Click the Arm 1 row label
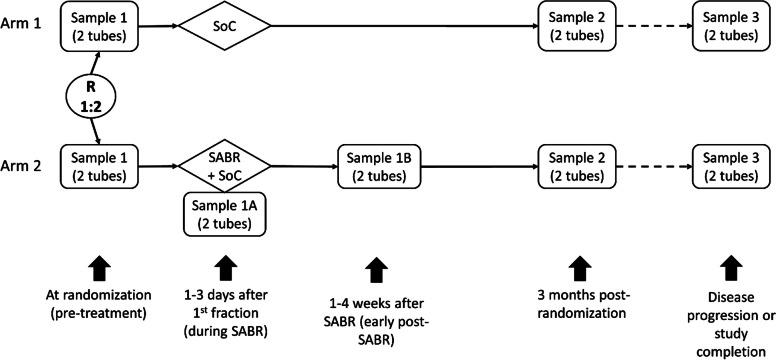(x=22, y=21)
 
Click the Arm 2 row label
(x=22, y=164)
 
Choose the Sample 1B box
(x=376, y=164)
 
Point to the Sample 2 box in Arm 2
(x=576, y=164)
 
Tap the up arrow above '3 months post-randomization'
(x=576, y=268)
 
